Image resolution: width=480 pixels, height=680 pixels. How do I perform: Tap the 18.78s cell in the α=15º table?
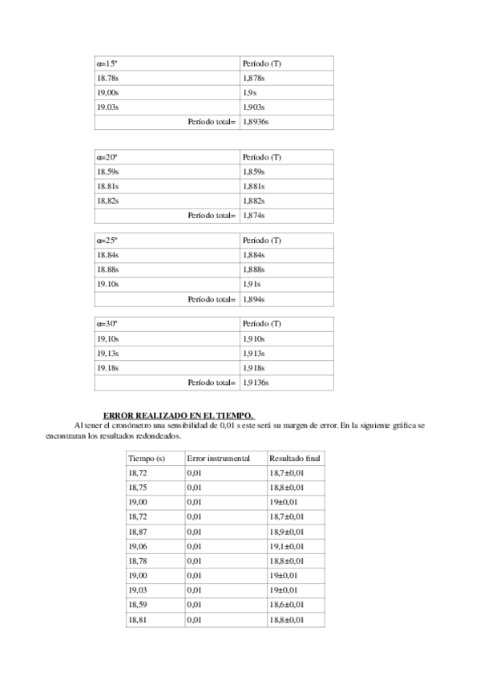click(107, 78)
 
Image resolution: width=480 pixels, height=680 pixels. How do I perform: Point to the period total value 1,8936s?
click(256, 122)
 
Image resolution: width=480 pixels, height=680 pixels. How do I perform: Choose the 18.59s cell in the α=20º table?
click(107, 172)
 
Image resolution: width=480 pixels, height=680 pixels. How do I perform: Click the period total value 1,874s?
click(253, 215)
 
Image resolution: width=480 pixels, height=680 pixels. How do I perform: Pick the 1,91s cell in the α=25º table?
click(251, 285)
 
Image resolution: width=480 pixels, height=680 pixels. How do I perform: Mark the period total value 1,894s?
click(253, 299)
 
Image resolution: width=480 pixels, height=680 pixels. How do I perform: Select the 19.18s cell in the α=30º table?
click(107, 367)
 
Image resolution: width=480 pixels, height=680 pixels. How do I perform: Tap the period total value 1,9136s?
click(256, 382)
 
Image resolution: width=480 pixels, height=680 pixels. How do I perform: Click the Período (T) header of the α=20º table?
click(261, 157)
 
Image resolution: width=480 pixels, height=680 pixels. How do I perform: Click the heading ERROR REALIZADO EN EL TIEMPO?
click(179, 415)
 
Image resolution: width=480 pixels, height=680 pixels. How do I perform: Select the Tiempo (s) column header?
click(146, 459)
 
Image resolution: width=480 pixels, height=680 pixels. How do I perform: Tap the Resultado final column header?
click(294, 459)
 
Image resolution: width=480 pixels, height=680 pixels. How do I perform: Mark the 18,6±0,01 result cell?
click(286, 605)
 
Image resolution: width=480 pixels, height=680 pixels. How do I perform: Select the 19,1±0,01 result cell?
click(286, 546)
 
